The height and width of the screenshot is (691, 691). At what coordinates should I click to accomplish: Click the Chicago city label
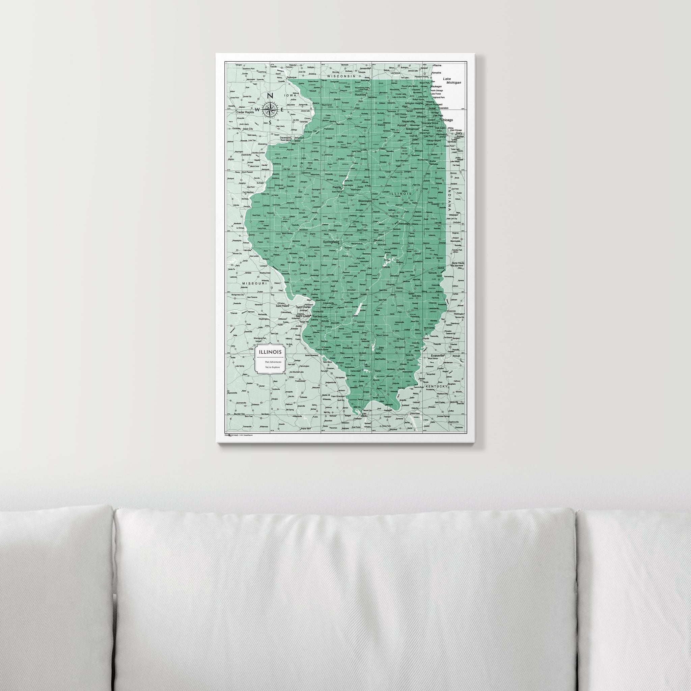447,120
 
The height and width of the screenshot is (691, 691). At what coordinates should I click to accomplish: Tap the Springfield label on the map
331,242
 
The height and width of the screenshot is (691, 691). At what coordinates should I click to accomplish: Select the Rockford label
361,95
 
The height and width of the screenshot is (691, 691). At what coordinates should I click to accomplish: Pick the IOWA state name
291,96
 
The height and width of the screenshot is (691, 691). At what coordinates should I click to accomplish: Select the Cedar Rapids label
245,112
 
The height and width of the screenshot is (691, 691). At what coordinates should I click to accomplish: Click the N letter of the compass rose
271,96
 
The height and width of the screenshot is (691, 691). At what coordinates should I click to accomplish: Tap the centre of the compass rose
270,109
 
